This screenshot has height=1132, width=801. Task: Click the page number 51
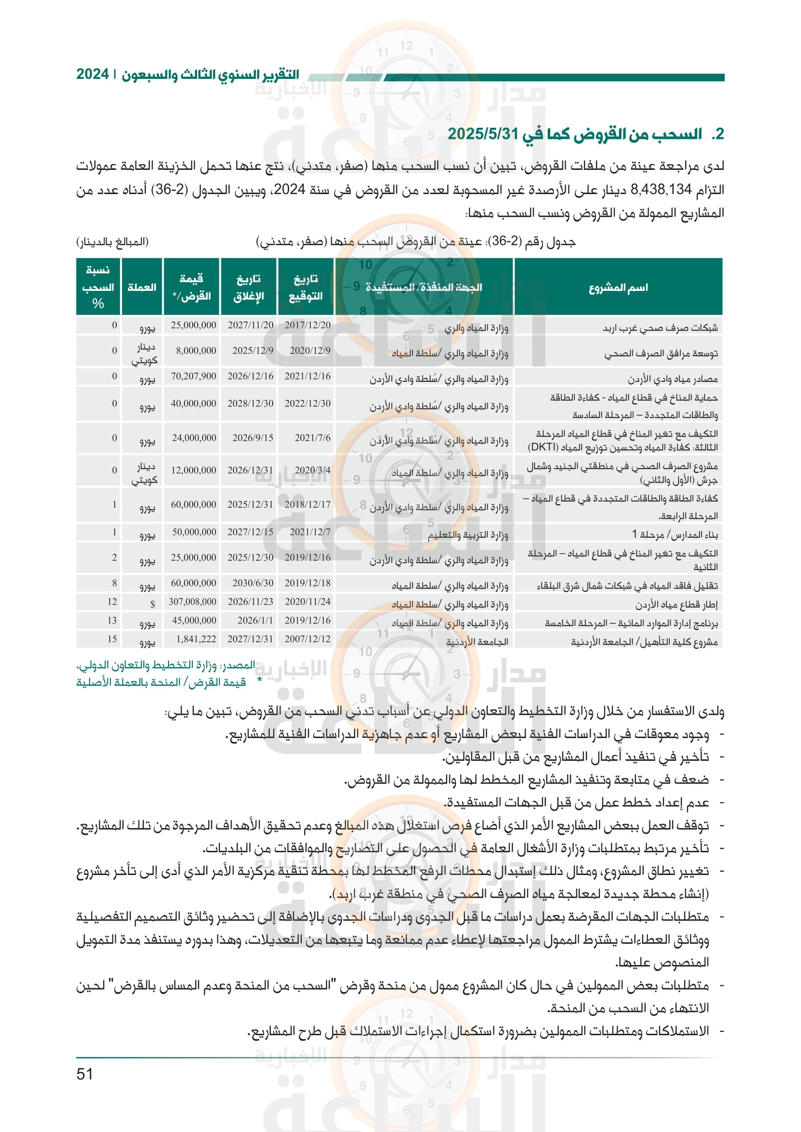(85, 1074)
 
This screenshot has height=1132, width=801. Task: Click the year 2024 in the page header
(92, 75)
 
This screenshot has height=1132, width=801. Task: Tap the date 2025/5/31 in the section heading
(483, 134)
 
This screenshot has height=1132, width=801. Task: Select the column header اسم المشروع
(618, 287)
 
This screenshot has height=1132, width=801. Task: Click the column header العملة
(141, 287)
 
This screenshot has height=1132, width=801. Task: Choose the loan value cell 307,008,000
(192, 602)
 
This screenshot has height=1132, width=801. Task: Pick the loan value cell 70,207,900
(193, 376)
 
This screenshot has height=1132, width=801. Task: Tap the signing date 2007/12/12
(308, 639)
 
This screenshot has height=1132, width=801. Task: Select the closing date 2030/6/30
(252, 583)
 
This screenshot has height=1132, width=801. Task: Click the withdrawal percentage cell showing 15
(112, 639)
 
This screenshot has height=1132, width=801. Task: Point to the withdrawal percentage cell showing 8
(114, 583)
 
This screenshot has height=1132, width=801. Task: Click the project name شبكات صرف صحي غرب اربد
(660, 328)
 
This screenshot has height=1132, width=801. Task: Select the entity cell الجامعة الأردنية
(477, 642)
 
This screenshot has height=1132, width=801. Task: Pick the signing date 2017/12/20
(308, 325)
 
